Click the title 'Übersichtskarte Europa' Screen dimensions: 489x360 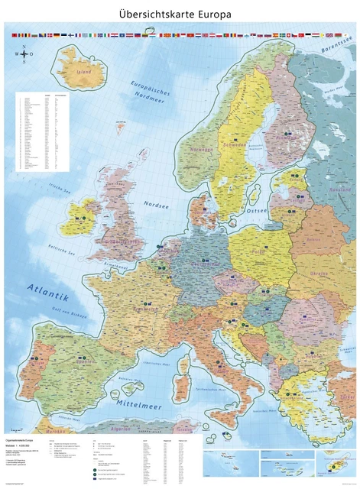pos(180,14)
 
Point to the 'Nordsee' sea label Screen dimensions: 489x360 pos(156,204)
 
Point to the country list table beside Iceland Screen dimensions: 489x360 pos(42,131)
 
